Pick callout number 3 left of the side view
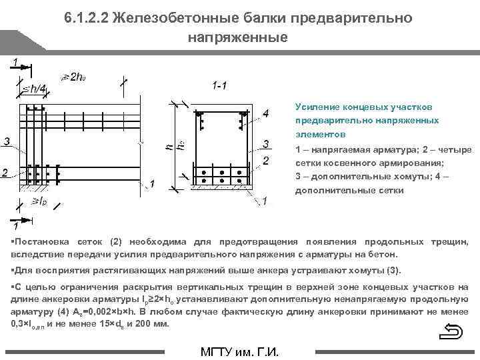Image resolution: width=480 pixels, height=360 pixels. pyautogui.click(x=6, y=141)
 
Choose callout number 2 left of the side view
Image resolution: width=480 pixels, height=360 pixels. pyautogui.click(x=5, y=173)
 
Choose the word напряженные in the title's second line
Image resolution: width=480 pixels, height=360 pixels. pyautogui.click(x=237, y=37)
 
